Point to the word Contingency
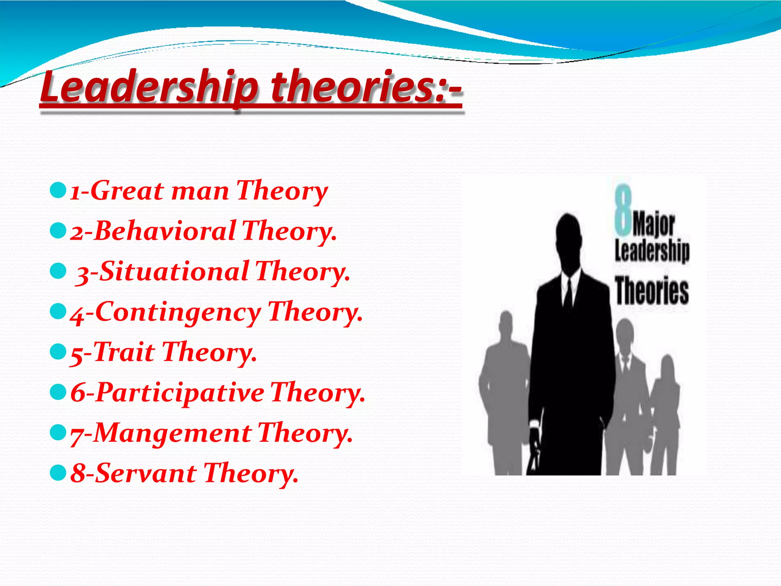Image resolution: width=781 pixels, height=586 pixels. (x=178, y=312)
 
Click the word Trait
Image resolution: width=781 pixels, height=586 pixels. (x=124, y=352)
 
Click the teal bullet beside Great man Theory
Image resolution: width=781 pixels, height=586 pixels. (x=58, y=190)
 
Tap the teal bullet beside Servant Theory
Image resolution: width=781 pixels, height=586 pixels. (x=58, y=473)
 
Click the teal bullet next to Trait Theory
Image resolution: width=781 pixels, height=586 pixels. (x=58, y=351)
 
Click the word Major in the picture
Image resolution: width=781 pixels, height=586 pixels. (x=654, y=225)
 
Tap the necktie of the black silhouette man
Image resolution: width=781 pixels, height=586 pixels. (x=568, y=296)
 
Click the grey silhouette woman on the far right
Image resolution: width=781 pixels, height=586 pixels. (x=666, y=412)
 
